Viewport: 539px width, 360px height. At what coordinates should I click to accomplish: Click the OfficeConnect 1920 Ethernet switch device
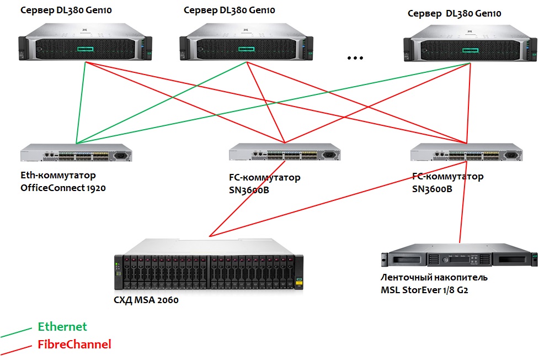(76, 153)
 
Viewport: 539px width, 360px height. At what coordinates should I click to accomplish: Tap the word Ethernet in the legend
(62, 327)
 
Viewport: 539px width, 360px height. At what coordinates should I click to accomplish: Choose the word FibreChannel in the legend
(74, 345)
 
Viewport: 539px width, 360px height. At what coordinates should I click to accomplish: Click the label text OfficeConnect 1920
(63, 188)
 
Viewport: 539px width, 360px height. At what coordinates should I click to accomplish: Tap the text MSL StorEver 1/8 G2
(428, 289)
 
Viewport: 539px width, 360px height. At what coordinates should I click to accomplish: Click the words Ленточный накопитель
(434, 277)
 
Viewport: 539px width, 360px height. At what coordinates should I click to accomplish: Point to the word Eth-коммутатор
(58, 176)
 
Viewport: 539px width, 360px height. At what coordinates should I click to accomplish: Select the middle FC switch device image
(285, 152)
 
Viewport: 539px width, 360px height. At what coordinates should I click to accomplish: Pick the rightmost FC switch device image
(467, 152)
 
